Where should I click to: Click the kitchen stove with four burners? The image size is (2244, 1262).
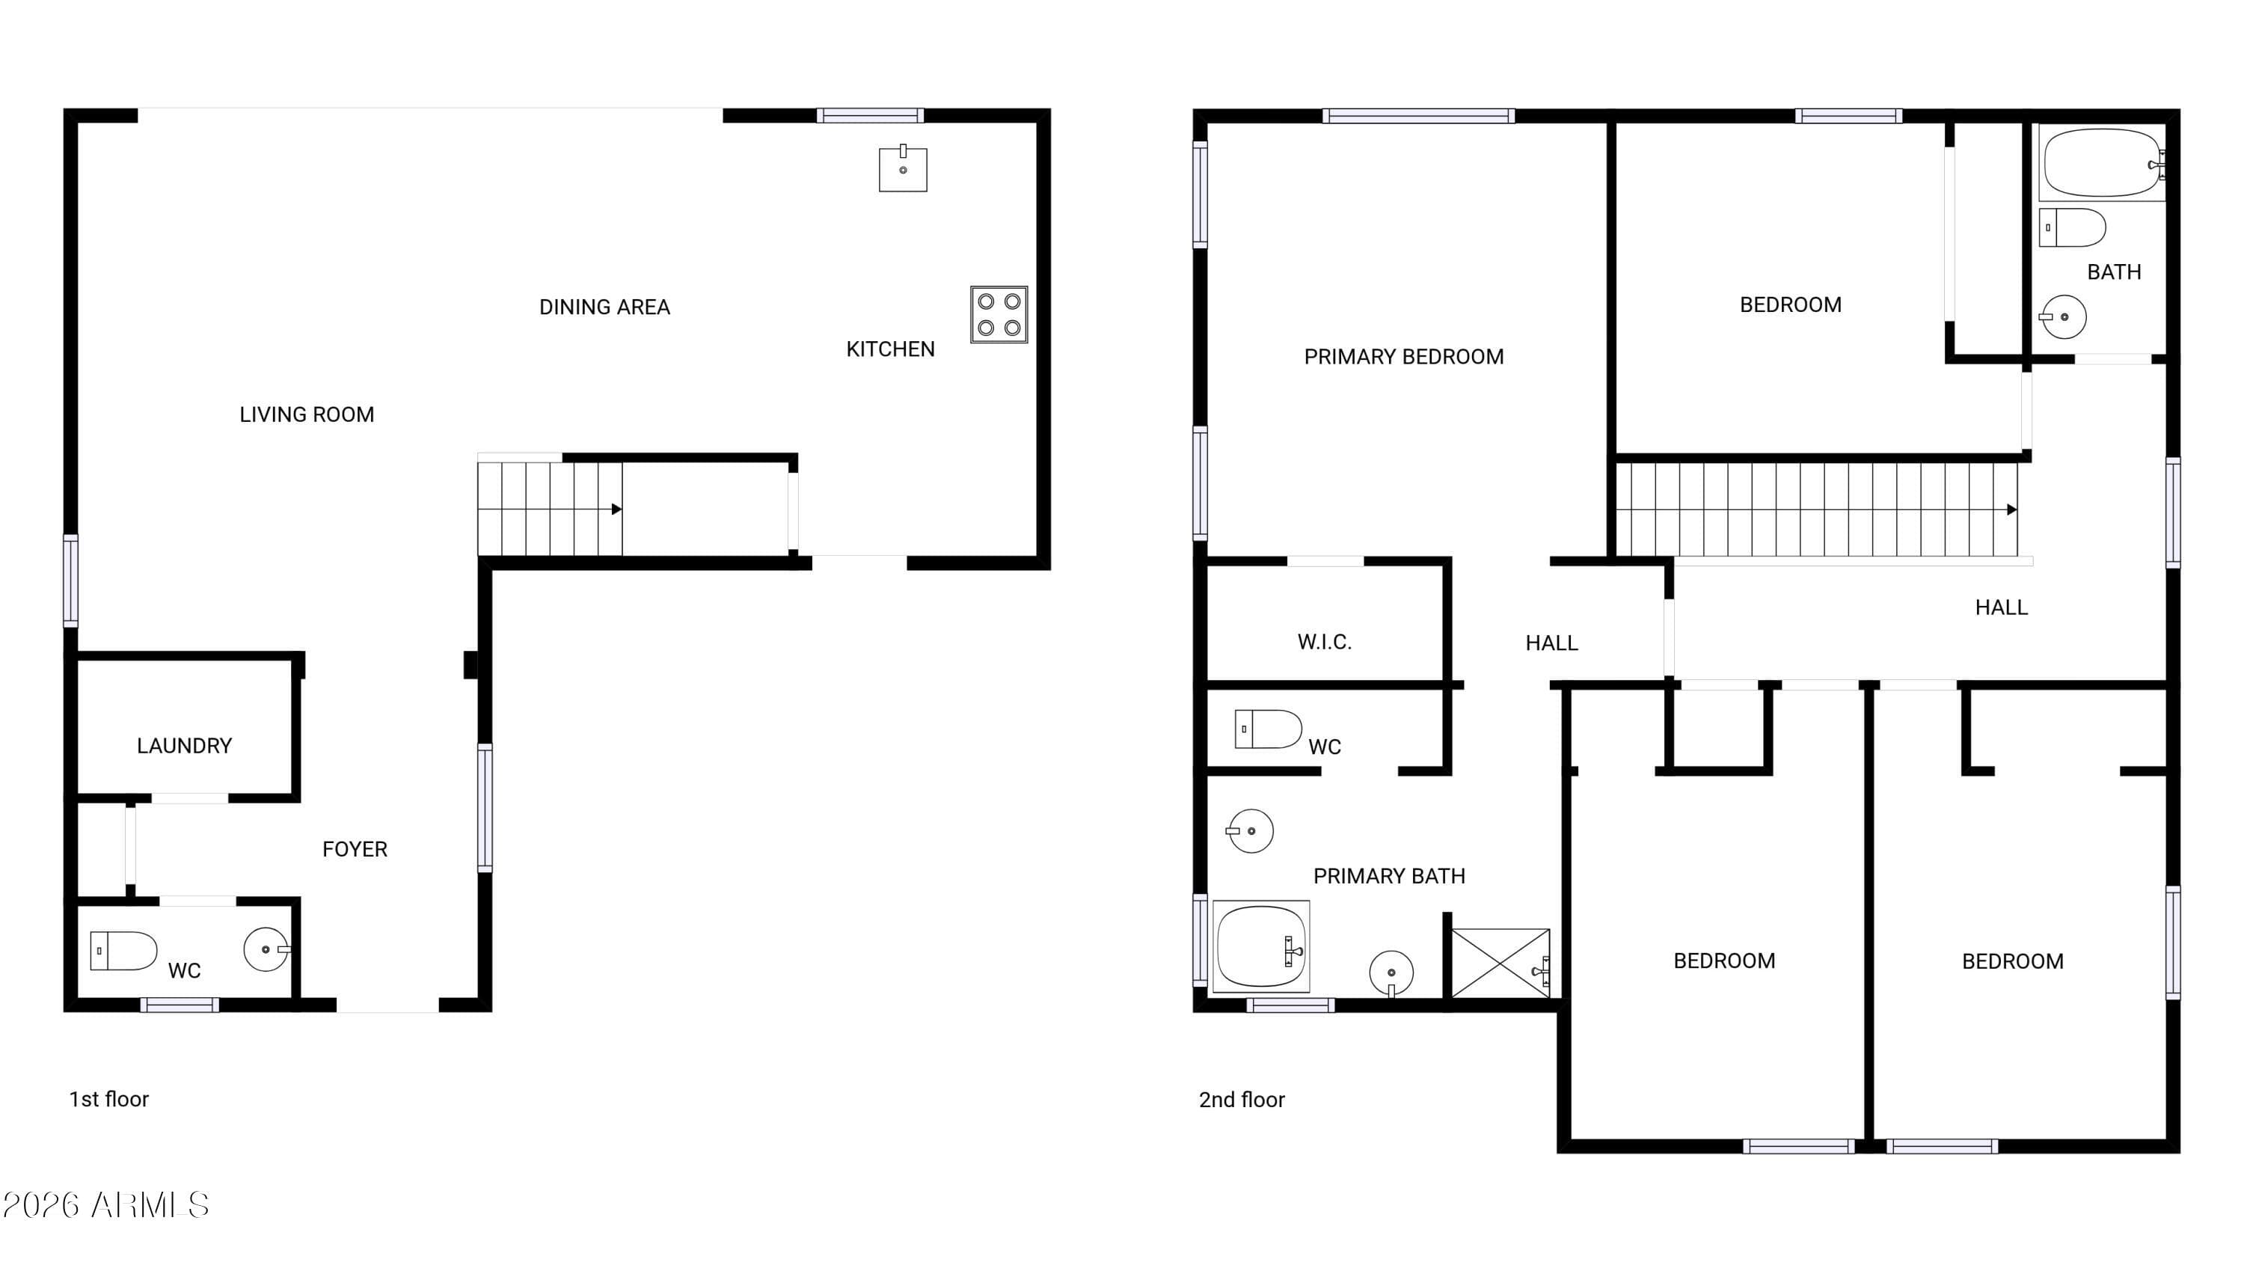coord(999,313)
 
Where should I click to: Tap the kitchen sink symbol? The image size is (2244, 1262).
coord(903,169)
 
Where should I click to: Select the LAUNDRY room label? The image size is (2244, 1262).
coord(184,746)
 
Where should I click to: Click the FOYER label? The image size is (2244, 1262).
coord(355,849)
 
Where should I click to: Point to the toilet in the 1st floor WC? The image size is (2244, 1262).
coord(123,950)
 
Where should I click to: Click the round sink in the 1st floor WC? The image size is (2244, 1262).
coord(266,949)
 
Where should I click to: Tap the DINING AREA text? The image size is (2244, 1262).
coord(604,307)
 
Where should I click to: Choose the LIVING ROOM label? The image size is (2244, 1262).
coord(307,414)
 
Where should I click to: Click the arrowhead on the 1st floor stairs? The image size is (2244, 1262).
coord(616,509)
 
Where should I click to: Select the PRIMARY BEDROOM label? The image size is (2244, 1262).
coord(1403,357)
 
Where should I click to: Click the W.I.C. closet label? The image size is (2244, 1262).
coord(1324,643)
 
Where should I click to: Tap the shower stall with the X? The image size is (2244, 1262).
coord(1500,964)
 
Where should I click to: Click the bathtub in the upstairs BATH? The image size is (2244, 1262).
coord(2101,163)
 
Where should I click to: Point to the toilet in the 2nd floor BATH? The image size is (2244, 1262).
coord(2073,227)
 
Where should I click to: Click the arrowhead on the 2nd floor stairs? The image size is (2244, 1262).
coord(2011,509)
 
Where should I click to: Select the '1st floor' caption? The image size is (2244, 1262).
coord(109,1099)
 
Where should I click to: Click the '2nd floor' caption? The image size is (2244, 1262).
coord(1242,1100)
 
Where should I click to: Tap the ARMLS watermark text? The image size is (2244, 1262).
coord(105,1205)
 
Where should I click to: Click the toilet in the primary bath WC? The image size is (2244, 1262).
coord(1267,729)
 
